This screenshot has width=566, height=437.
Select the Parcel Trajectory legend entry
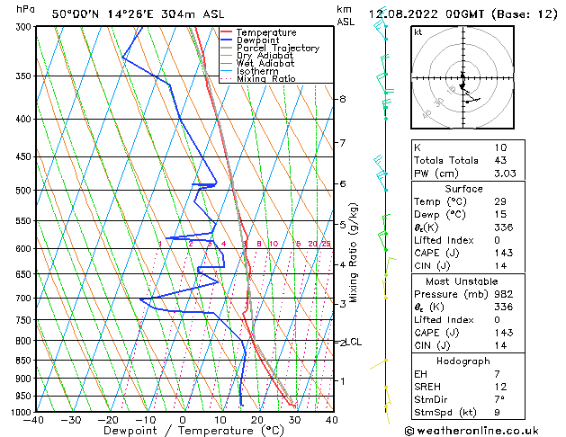tap(277, 49)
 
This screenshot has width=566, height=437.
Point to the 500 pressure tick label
tap(21, 191)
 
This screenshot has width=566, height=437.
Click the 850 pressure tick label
tap(21, 361)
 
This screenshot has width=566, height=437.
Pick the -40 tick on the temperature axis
tap(34, 420)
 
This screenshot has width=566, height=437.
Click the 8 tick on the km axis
tap(342, 99)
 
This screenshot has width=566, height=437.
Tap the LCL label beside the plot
tap(355, 342)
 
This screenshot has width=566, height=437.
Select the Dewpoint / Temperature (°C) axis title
tap(184, 432)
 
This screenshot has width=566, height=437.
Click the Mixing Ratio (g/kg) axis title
tap(354, 252)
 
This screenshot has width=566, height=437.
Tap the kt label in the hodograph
tap(418, 31)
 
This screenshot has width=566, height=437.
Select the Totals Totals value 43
tap(500, 160)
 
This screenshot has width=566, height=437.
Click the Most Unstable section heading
tap(463, 281)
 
